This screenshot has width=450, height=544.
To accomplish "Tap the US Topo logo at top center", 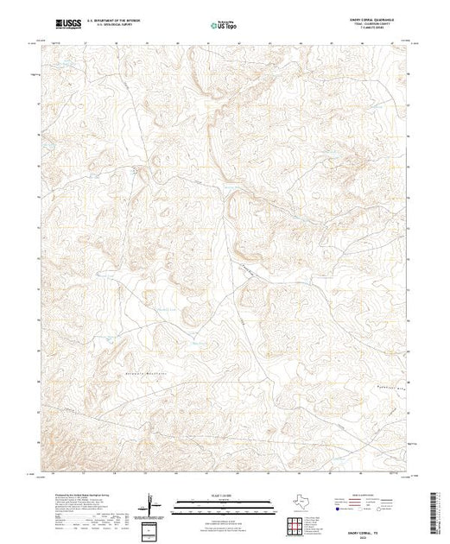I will coord(225,27).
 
